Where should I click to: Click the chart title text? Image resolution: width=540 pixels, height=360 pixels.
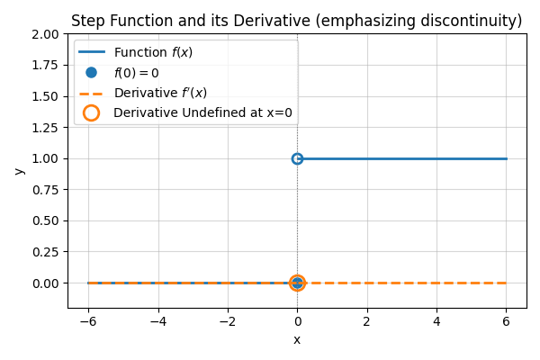coord(296,21)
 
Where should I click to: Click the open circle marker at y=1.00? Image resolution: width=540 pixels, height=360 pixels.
coord(297,158)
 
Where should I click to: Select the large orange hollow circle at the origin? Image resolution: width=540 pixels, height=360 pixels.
coord(297,283)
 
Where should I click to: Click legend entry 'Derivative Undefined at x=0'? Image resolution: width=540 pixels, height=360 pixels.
coord(202,113)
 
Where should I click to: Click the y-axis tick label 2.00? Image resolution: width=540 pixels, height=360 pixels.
coord(45,34)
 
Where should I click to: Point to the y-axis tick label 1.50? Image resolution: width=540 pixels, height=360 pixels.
coord(45,96)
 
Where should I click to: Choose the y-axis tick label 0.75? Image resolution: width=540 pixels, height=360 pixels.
coord(45,190)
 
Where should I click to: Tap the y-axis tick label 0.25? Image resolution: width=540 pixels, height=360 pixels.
coord(45,252)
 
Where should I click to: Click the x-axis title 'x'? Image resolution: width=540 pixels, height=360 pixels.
coord(297,339)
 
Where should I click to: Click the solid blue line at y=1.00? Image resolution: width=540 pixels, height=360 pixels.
coord(405,158)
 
